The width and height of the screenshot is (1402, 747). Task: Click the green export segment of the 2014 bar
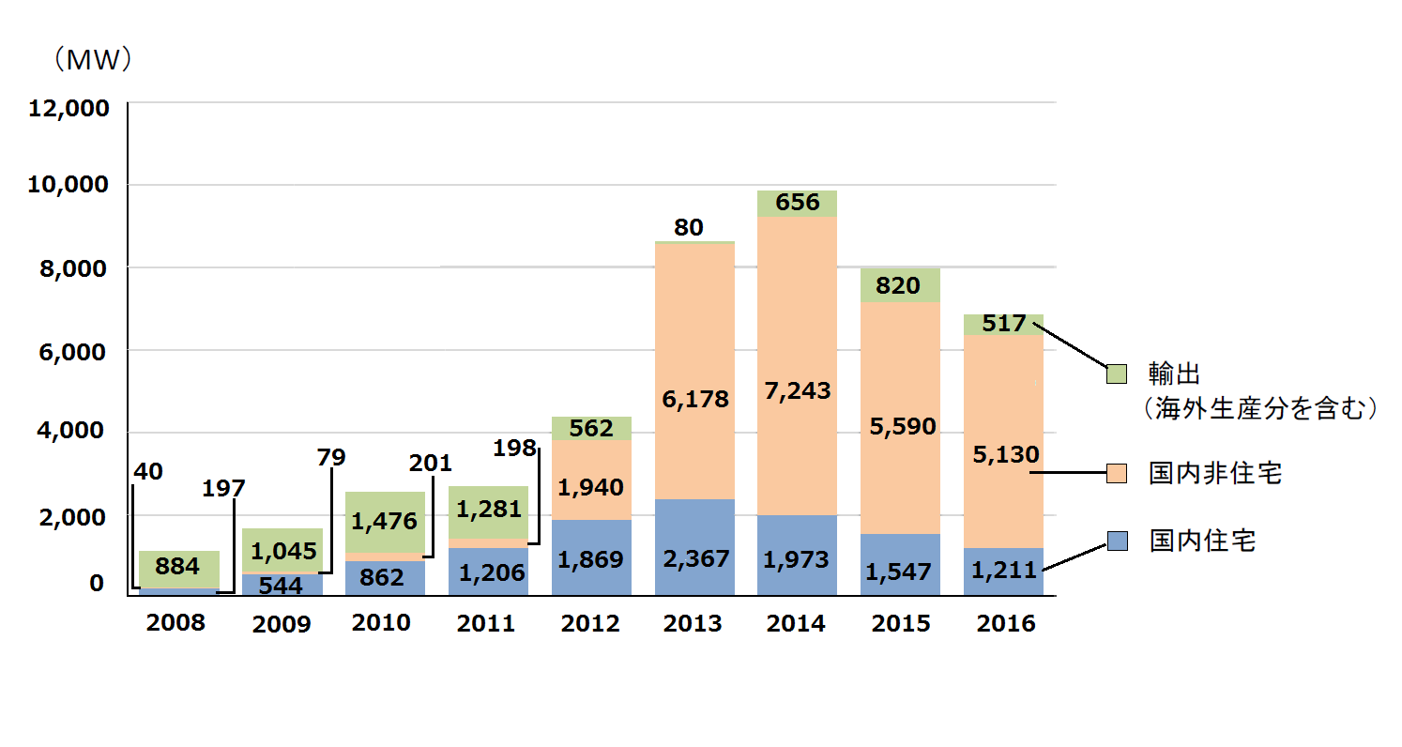coord(798,204)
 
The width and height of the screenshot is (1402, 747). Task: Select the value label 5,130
coord(1005,455)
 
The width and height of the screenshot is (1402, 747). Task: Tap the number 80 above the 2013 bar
coord(688,227)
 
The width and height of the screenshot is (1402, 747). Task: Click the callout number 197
coord(222,488)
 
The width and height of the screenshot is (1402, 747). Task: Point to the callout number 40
coord(147,471)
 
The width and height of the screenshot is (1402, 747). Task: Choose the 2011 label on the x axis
coord(486,624)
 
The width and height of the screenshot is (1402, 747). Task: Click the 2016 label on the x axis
coord(1005,624)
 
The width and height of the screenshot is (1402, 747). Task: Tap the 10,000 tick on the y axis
coord(69,185)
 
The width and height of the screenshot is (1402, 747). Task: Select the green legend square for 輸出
coord(1116,373)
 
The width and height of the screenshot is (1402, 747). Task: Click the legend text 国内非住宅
coord(1215,475)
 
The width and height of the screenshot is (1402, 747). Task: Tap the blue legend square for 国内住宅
coord(1116,541)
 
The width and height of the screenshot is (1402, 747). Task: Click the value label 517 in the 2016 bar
coord(1004,324)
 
